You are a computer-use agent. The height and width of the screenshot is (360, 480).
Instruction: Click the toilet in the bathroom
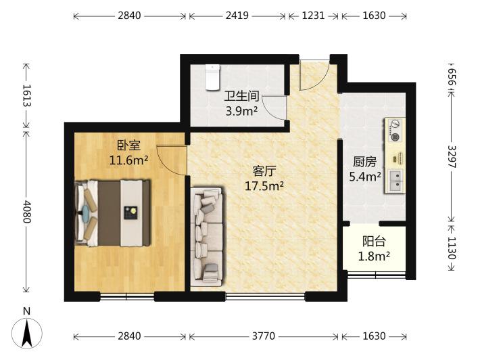[212, 77]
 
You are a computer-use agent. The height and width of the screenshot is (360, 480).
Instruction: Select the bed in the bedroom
[112, 213]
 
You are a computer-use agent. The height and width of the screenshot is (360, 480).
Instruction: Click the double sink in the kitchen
[395, 181]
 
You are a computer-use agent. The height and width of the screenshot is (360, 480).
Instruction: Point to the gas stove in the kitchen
[395, 131]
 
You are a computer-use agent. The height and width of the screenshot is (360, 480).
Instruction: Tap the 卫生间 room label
[241, 96]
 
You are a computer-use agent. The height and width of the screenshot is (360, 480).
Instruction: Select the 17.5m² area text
[264, 185]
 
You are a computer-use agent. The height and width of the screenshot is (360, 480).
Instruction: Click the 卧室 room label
[129, 145]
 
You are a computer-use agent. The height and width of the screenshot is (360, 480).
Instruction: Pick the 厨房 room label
[364, 162]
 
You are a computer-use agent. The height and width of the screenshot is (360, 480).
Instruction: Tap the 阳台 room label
[374, 242]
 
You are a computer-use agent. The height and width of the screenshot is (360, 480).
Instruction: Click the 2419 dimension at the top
[237, 16]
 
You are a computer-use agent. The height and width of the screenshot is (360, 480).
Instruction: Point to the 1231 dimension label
[313, 16]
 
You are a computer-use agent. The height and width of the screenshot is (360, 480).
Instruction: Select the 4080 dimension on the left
[26, 211]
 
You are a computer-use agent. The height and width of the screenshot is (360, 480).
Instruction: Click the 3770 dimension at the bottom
[264, 336]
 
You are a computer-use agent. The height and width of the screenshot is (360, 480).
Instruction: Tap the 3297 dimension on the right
[452, 156]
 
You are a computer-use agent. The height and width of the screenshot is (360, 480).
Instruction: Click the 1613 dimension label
[26, 95]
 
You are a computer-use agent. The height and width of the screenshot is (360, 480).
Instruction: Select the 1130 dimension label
[452, 248]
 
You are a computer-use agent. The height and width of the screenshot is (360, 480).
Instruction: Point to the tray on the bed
[130, 212]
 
